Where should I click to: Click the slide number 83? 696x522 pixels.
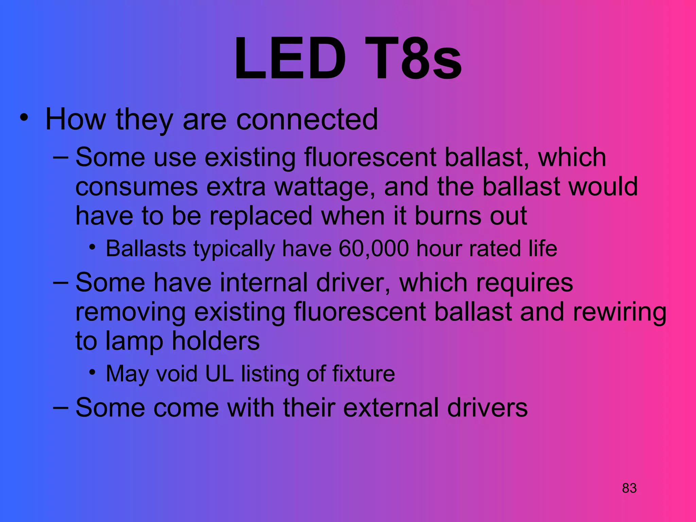(x=629, y=488)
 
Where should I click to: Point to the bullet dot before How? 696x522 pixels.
(x=23, y=118)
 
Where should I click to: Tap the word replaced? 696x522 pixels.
(x=261, y=216)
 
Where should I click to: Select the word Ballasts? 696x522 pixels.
(x=146, y=248)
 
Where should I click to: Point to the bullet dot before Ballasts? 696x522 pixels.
(x=92, y=247)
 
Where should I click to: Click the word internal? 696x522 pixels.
(x=264, y=282)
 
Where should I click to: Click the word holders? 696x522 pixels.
(x=216, y=341)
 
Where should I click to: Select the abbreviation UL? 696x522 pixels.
(x=219, y=373)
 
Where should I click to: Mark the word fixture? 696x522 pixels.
(x=363, y=373)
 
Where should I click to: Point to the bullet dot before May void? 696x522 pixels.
(x=92, y=372)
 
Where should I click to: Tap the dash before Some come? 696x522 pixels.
(x=61, y=406)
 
